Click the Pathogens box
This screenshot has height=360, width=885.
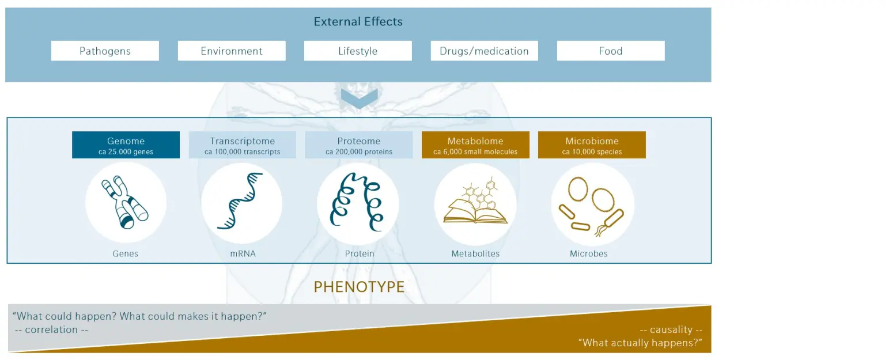pos(105,51)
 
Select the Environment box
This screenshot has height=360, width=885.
pos(232,51)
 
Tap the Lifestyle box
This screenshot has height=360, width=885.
pos(358,51)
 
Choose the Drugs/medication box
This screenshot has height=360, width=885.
pos(485,51)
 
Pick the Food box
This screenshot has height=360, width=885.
pos(611,51)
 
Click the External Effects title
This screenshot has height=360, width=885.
pos(358,21)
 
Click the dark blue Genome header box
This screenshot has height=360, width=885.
pos(126,145)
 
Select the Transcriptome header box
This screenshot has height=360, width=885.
pos(242,145)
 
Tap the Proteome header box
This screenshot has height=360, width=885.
pos(359,145)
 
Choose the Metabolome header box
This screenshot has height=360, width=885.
pos(475,145)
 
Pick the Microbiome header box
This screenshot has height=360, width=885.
pos(592,145)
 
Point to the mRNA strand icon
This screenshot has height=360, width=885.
pos(240,201)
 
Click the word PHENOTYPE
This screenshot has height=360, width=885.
pos(359,287)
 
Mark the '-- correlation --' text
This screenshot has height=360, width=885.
pos(51,329)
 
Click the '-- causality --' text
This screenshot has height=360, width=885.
pos(671,329)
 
